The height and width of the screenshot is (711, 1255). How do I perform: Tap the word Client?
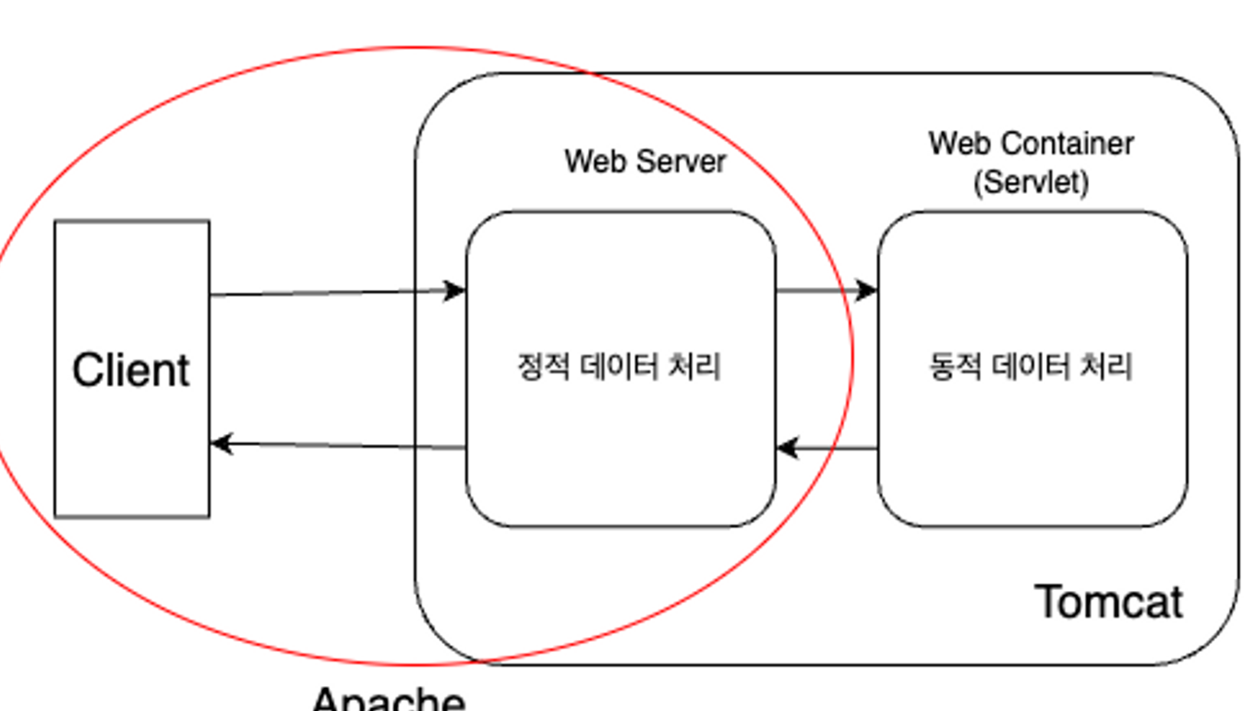click(x=131, y=370)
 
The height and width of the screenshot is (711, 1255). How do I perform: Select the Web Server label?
click(x=645, y=161)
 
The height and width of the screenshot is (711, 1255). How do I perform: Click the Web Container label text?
click(x=1031, y=144)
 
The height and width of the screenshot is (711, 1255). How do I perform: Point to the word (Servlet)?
click(x=1031, y=182)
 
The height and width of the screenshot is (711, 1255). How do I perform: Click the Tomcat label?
click(x=1109, y=601)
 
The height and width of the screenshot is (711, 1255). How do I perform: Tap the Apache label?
click(x=389, y=699)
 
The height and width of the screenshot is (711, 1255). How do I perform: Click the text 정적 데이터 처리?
click(x=619, y=367)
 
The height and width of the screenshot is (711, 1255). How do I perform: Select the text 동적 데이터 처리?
click(x=1031, y=367)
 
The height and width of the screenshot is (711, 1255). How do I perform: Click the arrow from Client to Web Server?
click(x=332, y=293)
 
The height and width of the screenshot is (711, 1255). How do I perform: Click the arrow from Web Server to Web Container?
click(x=822, y=291)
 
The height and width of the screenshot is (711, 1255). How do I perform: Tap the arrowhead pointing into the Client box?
click(x=222, y=443)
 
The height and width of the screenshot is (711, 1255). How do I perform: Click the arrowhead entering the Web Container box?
click(x=865, y=291)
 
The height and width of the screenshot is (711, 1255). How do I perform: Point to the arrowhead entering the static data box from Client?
click(x=454, y=291)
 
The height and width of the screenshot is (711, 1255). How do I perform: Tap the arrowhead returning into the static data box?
click(x=788, y=449)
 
